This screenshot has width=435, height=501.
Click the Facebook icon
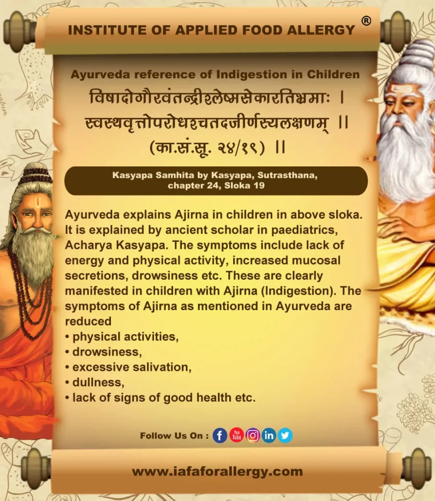(x=220, y=435)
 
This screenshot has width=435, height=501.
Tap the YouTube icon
(x=237, y=435)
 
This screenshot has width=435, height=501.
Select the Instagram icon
(x=253, y=435)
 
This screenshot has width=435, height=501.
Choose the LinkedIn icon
(x=269, y=435)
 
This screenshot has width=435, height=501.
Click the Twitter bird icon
(x=285, y=435)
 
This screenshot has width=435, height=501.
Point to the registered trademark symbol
(x=366, y=21)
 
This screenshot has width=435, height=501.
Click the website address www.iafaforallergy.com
(x=217, y=472)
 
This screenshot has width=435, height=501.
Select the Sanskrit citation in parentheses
(x=207, y=148)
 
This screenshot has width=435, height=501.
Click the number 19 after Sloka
(x=259, y=185)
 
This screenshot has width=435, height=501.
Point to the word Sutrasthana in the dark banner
(x=287, y=176)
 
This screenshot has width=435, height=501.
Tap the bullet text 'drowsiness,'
(x=107, y=352)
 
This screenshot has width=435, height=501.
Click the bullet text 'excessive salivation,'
(x=132, y=367)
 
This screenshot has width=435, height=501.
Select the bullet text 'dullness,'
(x=98, y=383)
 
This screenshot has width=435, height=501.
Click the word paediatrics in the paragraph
(x=304, y=230)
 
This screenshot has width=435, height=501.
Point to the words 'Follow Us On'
(x=172, y=436)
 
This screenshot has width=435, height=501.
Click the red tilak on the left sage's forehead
(x=38, y=202)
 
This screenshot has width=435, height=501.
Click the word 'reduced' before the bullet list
(x=88, y=321)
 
